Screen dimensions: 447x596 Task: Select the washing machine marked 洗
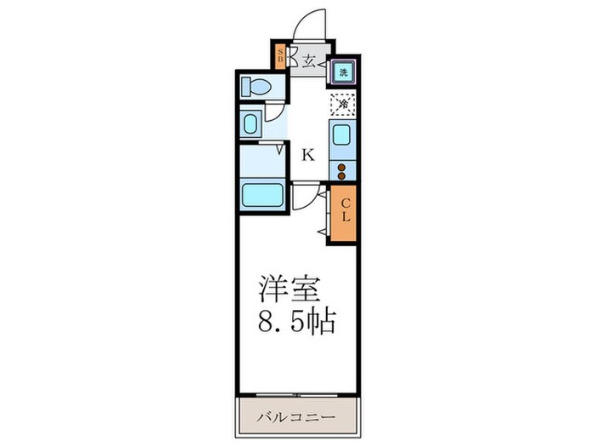tap(342, 72)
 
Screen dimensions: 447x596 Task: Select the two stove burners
tap(342, 168)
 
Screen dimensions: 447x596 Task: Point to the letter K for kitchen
tap(307, 155)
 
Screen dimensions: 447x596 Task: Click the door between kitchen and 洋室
tap(305, 197)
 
